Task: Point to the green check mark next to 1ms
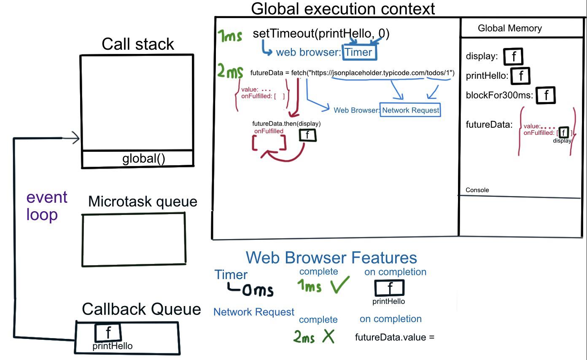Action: point(340,284)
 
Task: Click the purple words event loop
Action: point(47,206)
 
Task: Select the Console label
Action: point(477,190)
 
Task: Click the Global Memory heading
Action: point(510,28)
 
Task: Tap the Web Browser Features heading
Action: point(331,258)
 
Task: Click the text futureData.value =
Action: point(395,337)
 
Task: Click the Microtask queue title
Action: point(143,201)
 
